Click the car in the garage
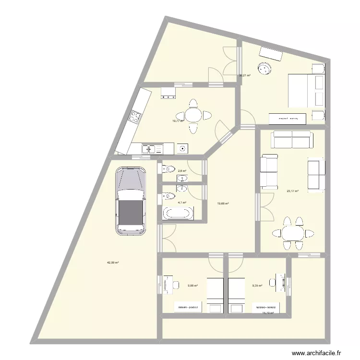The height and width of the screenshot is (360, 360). [x=131, y=201]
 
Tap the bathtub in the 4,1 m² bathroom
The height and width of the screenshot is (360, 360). [x=178, y=213]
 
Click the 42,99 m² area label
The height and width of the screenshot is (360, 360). [x=113, y=263]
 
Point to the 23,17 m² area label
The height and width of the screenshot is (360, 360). [x=292, y=191]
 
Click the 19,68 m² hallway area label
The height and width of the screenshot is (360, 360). [x=223, y=204]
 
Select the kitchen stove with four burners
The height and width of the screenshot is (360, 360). [x=135, y=116]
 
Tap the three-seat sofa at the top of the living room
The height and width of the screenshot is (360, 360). [x=292, y=140]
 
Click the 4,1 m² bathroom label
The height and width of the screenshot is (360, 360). [x=182, y=203]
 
